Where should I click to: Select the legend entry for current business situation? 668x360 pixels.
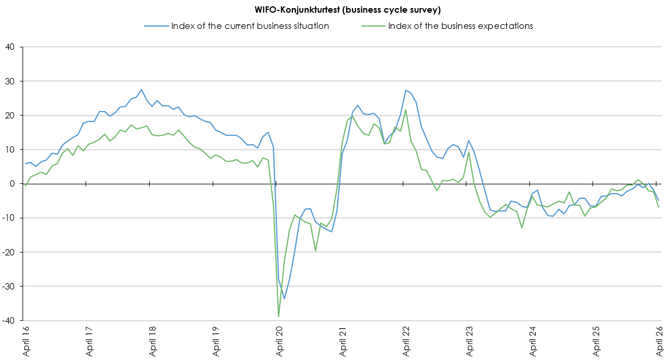250,25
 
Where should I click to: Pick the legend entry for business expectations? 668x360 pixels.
460,25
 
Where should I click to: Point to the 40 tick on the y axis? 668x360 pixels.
11,47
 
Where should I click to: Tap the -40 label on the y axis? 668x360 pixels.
9,320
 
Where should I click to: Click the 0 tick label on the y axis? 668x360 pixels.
13,184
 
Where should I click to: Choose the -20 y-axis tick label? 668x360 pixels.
9,252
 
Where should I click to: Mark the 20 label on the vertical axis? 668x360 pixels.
11,115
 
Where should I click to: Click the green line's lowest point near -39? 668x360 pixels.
279,317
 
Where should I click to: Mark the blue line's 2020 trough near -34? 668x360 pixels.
284,298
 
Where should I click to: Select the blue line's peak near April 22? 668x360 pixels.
406,90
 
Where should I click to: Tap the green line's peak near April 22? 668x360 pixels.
406,110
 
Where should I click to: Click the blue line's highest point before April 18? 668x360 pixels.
142,90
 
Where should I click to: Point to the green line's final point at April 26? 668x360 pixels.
659,207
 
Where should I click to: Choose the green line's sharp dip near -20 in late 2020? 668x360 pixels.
316,251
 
